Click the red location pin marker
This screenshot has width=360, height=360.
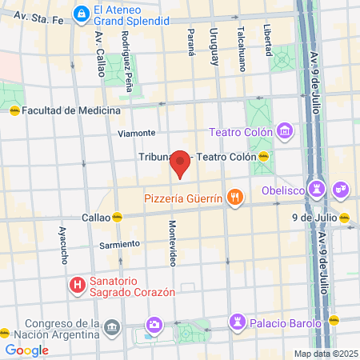(181, 163)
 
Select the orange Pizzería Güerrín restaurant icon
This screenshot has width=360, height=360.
(234, 198)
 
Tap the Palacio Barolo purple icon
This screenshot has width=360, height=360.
(236, 321)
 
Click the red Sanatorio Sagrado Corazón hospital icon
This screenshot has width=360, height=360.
(78, 285)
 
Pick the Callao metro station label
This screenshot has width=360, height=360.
(96, 217)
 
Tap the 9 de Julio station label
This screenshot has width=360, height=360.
(314, 217)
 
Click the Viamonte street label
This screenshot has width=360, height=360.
(135, 133)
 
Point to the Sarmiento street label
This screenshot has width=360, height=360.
(120, 243)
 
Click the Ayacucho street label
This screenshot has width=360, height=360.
(62, 243)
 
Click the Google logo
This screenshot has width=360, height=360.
(26, 350)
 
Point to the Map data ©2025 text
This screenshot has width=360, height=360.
(325, 353)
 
